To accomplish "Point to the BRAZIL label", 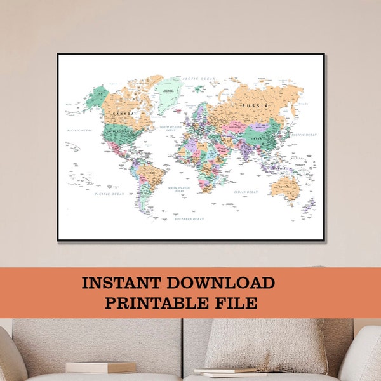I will [x=151, y=172].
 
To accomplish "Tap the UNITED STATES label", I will [x=117, y=133].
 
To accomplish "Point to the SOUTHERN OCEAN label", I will [x=190, y=219].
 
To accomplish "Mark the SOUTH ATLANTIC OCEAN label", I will [x=180, y=189].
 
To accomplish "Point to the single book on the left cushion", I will [x=101, y=366].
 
